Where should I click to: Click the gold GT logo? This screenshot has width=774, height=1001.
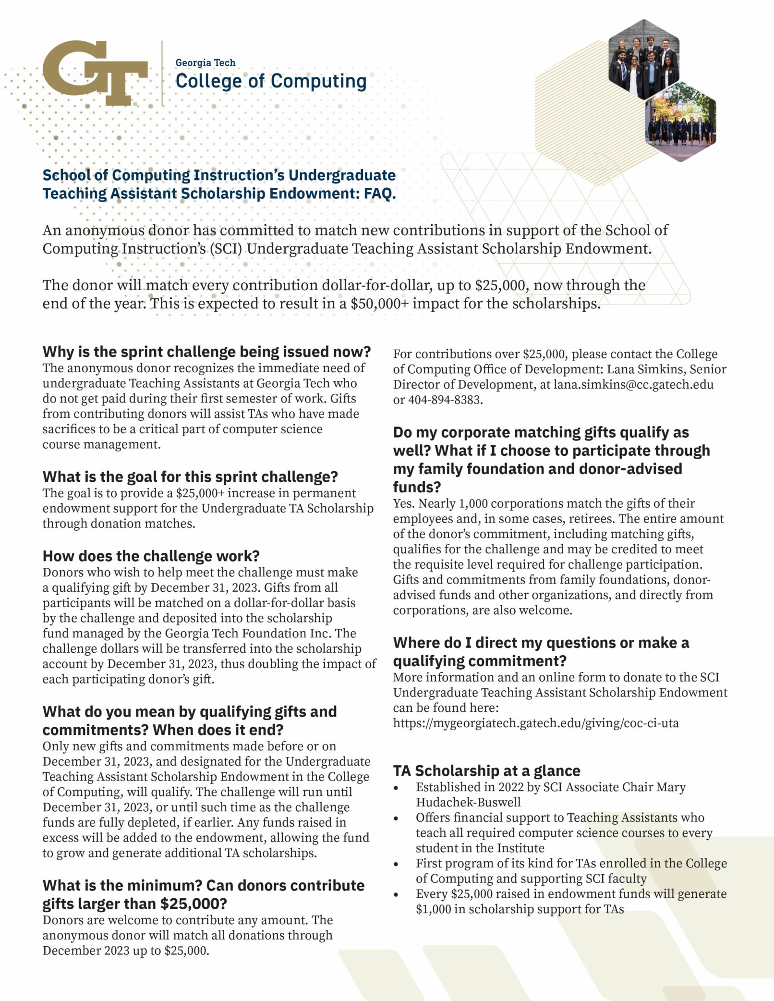95,73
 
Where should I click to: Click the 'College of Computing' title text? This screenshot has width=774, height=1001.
271,81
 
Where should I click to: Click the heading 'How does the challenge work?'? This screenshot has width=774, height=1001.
151,556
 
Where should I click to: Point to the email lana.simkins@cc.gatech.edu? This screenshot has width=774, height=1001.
633,385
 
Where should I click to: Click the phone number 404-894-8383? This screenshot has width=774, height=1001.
445,400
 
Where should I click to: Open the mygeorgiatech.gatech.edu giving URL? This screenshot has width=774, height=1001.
536,723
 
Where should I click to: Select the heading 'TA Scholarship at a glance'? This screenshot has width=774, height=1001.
486,770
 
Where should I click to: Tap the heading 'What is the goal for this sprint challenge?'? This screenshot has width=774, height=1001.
190,476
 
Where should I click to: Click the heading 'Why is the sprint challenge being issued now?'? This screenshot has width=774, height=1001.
206,352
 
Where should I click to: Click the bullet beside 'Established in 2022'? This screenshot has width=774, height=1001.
396,788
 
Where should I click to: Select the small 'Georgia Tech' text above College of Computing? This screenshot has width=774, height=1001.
205,62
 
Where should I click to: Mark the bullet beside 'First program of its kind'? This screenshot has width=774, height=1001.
396,864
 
